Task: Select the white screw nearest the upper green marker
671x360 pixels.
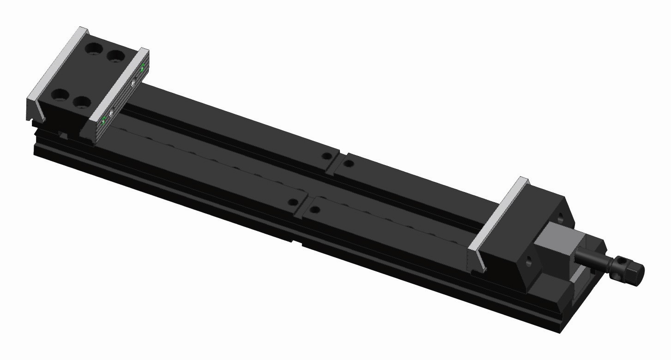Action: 133,83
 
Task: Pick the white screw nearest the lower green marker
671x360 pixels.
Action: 112,112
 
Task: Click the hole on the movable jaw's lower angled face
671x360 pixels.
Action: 528,261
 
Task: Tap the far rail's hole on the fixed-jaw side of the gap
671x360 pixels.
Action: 327,156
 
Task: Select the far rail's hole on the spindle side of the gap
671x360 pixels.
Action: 349,163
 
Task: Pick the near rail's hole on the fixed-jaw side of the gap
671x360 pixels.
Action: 292,202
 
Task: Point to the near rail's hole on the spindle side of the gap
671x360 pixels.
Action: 315,210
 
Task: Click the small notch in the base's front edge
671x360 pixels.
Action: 297,241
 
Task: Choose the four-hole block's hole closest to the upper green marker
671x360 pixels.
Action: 115,57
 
